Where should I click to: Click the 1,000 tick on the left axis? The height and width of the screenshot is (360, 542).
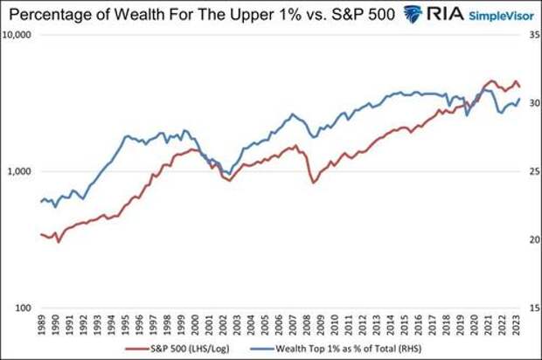click(x=20, y=172)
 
